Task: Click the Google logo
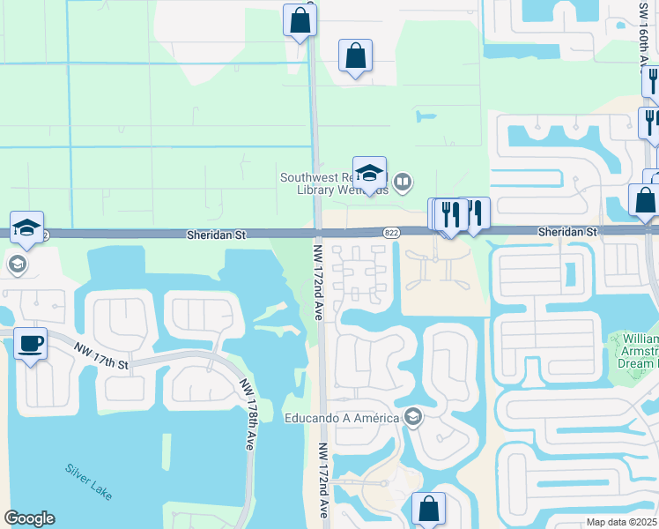[30, 518]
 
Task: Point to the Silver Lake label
[88, 482]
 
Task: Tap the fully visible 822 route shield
[392, 233]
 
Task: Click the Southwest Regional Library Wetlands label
[334, 183]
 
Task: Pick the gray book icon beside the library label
[403, 183]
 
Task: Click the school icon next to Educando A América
[412, 417]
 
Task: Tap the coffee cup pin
[31, 343]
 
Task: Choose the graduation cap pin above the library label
[369, 172]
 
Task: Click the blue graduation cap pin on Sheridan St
[27, 227]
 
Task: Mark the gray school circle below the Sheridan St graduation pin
[16, 264]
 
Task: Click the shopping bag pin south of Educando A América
[428, 509]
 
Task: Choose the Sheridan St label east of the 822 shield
[568, 231]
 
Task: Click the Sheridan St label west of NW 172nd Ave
[215, 235]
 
